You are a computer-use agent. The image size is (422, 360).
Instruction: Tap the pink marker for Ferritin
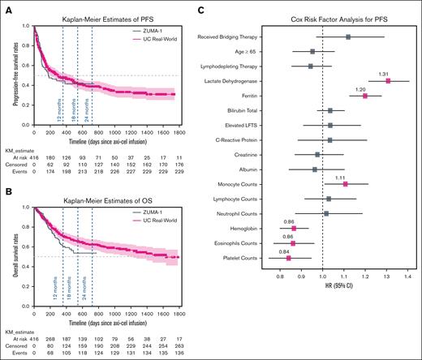(x=365, y=96)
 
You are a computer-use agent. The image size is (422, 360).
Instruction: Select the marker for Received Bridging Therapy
(x=347, y=36)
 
